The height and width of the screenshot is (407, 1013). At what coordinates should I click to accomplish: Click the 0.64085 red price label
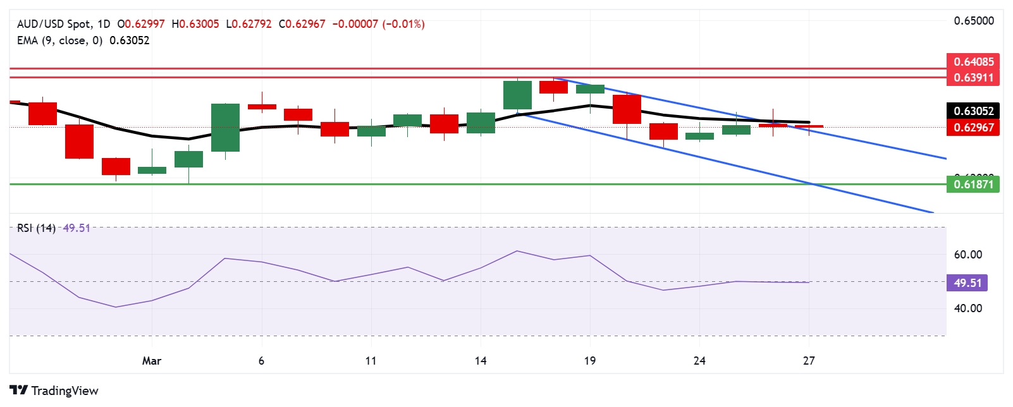(973, 62)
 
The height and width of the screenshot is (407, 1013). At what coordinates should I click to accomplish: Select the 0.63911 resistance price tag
(973, 78)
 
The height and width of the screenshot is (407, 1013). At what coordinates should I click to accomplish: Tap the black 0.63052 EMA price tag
(973, 111)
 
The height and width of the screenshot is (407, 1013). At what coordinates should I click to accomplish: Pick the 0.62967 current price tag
(973, 128)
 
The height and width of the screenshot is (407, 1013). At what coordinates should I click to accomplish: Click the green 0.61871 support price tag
(973, 185)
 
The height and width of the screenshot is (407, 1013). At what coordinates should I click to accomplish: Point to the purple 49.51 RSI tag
(967, 283)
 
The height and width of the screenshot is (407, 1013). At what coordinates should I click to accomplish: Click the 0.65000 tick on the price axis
(973, 21)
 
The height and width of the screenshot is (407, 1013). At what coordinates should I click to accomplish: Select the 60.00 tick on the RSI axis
(967, 255)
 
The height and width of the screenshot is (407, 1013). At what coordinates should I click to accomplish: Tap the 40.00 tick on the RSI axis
(967, 308)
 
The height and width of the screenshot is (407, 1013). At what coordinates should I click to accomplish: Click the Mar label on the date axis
(152, 361)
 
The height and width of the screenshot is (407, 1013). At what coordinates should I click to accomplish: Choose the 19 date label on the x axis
(590, 361)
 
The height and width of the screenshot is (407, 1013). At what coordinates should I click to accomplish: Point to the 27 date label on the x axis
(809, 361)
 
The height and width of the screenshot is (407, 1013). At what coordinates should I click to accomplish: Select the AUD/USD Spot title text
(54, 24)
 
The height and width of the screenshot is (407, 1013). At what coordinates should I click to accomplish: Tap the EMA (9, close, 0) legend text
(59, 40)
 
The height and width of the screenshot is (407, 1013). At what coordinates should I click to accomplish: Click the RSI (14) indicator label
(36, 228)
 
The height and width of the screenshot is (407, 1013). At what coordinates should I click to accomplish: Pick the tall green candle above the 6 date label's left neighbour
(225, 128)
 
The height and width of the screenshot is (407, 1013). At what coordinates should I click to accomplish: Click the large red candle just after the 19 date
(627, 109)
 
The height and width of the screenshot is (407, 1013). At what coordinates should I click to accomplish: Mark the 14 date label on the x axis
(481, 361)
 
